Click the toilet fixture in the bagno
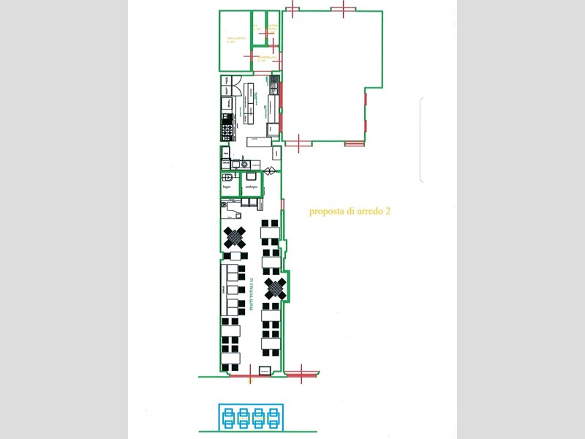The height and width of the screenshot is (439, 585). tap(227, 177)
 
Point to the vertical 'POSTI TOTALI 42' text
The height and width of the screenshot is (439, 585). tap(252, 296)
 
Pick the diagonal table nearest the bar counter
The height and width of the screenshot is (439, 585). tap(235, 236)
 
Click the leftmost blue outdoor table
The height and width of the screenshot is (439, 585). tap(228, 417)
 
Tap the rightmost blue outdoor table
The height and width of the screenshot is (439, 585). tap(276, 417)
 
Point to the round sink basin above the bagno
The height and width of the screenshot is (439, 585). tap(235, 165)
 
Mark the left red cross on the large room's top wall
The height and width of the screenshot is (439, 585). tap(292, 10)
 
